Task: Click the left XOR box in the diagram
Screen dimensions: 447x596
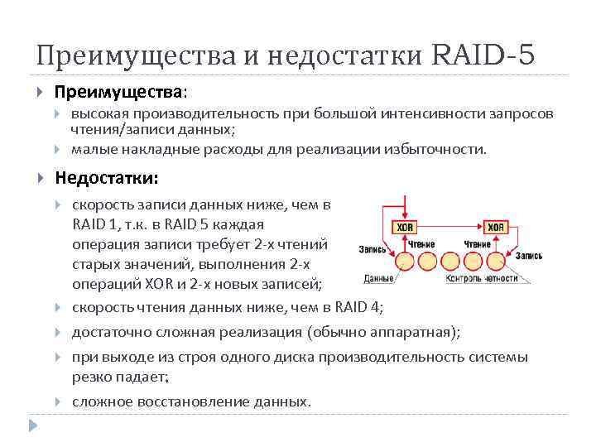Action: point(404,228)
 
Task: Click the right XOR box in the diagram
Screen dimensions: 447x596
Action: point(496,228)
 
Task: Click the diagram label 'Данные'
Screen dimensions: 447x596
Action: point(377,278)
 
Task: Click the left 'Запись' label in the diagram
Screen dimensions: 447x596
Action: point(372,249)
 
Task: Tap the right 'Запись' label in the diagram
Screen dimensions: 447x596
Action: point(528,256)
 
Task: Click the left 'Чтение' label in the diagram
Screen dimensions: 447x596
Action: point(421,244)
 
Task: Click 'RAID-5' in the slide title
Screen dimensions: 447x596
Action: point(483,55)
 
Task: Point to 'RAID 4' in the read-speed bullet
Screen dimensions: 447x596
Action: point(358,308)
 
